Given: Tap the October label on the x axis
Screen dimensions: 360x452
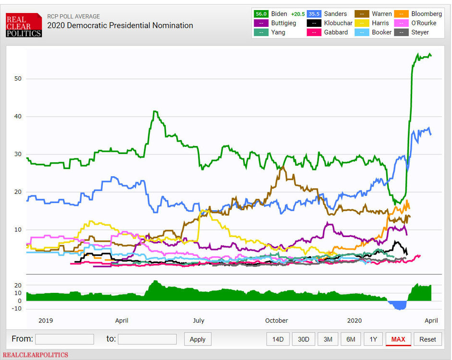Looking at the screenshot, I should point(276,320).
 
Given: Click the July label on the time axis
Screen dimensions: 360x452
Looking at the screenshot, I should point(198,320).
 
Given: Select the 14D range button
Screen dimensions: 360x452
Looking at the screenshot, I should point(278,339).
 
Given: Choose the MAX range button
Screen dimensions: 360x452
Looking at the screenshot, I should point(398,339).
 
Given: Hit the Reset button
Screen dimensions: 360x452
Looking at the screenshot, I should point(428,339).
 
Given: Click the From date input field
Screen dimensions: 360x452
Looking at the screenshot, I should point(64,339).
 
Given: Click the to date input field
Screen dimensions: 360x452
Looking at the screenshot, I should point(147,339).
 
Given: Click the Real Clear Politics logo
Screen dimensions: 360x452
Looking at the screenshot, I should point(24,25).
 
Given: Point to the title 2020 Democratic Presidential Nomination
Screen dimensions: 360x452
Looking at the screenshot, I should point(120,25).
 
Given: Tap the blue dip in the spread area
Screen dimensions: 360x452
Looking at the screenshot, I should point(398,305).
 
